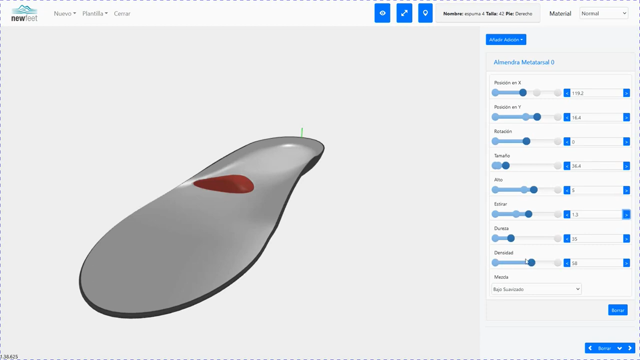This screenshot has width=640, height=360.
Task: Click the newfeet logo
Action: (24, 13)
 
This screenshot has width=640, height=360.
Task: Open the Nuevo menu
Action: (65, 14)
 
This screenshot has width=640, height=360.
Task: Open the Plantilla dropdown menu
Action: (95, 14)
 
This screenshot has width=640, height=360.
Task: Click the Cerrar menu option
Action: (122, 14)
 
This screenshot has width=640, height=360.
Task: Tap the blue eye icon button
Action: (382, 13)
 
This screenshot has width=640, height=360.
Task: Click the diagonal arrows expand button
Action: (404, 13)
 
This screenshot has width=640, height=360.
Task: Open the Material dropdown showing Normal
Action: (604, 14)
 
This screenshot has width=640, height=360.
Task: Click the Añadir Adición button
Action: (506, 39)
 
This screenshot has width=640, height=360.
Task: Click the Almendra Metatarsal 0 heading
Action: (524, 62)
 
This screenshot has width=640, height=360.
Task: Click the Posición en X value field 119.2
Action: (596, 93)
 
